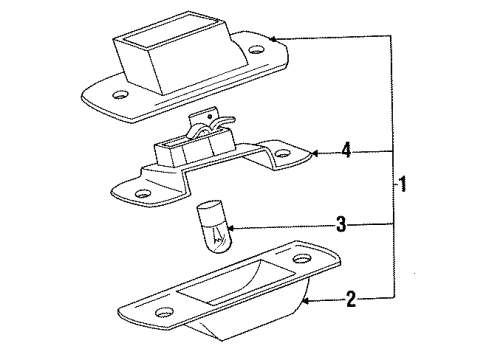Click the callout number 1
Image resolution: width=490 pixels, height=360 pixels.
(x=403, y=183)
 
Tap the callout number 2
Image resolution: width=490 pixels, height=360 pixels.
(x=351, y=299)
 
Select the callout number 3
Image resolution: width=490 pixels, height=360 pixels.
(x=341, y=224)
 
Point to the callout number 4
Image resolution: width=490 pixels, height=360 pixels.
(x=346, y=150)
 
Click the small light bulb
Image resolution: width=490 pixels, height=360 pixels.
(x=212, y=226)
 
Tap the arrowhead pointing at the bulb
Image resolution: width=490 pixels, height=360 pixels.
(x=232, y=228)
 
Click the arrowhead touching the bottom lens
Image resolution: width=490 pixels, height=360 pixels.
(x=306, y=301)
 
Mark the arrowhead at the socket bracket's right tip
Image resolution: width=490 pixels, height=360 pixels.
(x=315, y=153)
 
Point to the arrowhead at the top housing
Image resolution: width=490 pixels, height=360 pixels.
(x=273, y=39)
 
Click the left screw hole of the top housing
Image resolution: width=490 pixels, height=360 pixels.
(x=120, y=95)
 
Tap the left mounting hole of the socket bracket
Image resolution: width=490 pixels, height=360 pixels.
(x=143, y=193)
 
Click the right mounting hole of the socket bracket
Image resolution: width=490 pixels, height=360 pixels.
(x=283, y=154)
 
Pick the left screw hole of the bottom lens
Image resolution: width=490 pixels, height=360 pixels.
(x=165, y=312)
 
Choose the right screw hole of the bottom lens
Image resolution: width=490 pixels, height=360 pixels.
(x=302, y=259)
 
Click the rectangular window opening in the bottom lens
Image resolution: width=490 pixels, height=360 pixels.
(x=236, y=282)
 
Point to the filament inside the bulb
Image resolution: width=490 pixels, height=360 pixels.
(x=218, y=237)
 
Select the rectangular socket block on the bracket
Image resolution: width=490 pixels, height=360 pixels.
(x=194, y=148)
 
